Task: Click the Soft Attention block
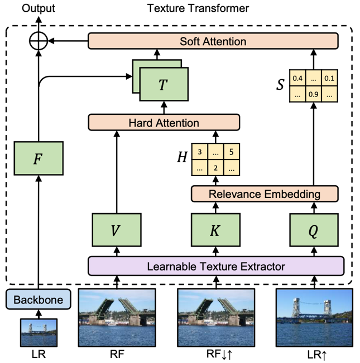[x=213, y=41]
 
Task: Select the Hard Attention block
[x=164, y=122]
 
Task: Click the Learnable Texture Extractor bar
[x=215, y=267]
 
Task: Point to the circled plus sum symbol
[x=39, y=41]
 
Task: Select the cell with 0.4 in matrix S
[x=297, y=78]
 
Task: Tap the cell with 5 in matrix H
[x=231, y=151]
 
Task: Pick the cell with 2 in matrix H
[x=215, y=167]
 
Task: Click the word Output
[x=39, y=8]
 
